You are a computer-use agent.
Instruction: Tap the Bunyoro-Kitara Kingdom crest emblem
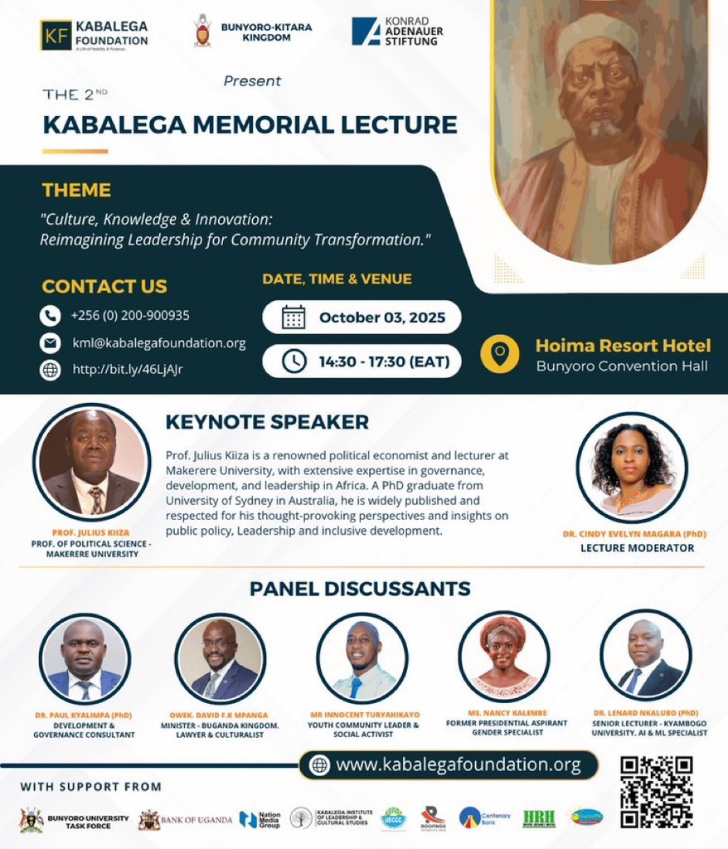pyautogui.click(x=201, y=31)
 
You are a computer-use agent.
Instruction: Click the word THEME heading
pyautogui.click(x=76, y=190)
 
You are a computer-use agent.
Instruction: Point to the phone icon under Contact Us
pyautogui.click(x=51, y=316)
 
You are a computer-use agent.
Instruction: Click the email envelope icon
pyautogui.click(x=51, y=342)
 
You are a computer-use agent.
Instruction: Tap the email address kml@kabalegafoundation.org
pyautogui.click(x=158, y=342)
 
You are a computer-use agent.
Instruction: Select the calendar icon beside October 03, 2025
pyautogui.click(x=294, y=317)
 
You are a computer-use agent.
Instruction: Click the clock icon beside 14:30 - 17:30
pyautogui.click(x=294, y=361)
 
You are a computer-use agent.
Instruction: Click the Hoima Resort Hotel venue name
pyautogui.click(x=623, y=345)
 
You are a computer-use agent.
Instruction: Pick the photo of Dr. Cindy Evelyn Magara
pyautogui.click(x=632, y=468)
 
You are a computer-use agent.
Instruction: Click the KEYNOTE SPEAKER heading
pyautogui.click(x=267, y=422)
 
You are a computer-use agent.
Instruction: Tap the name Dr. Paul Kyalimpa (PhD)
pyautogui.click(x=84, y=715)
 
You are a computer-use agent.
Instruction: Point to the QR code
pyautogui.click(x=656, y=792)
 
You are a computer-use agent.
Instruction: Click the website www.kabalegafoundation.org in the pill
pyautogui.click(x=458, y=765)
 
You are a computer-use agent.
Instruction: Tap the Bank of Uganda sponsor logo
pyautogui.click(x=185, y=819)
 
